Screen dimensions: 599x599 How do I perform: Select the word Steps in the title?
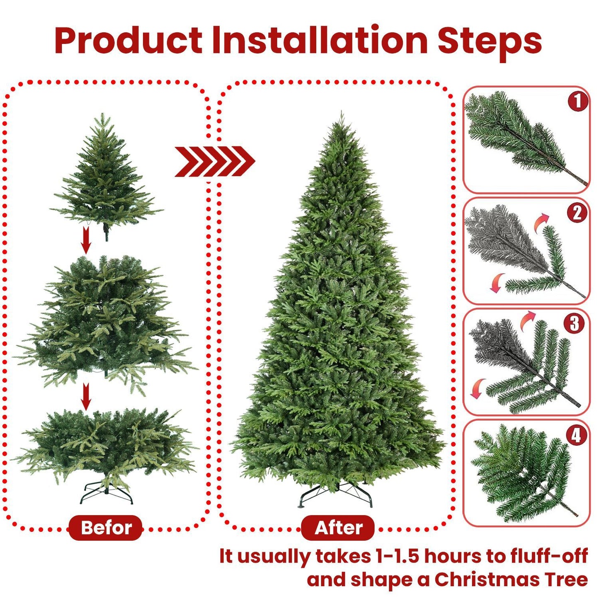pos(490,41)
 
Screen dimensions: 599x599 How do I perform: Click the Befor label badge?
pos(106,528)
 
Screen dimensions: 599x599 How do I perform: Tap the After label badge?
pos(338,528)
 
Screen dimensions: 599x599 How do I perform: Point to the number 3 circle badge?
pos(574,323)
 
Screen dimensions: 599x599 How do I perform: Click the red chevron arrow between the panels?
pos(214,161)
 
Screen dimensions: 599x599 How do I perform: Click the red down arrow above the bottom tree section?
pos(86,397)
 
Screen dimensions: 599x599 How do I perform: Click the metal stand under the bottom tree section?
pos(107,494)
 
